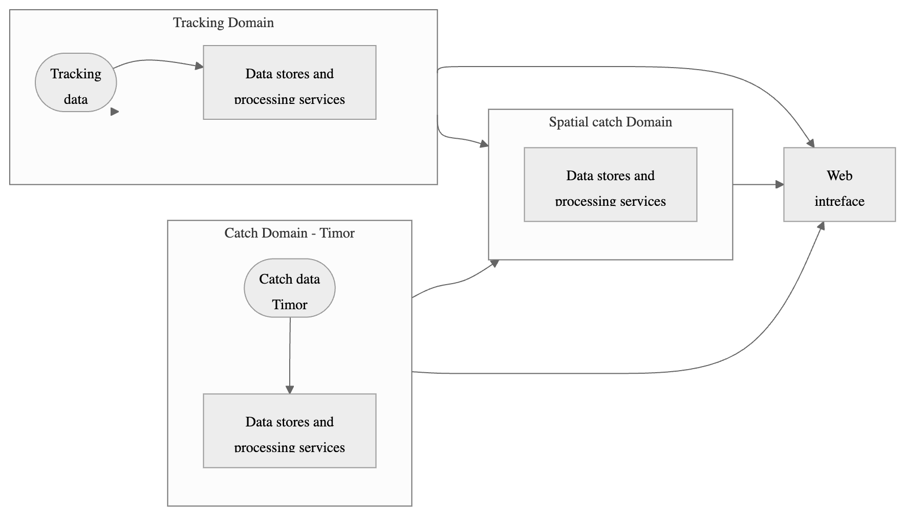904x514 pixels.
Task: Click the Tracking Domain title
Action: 223,23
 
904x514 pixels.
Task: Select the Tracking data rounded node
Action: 76,82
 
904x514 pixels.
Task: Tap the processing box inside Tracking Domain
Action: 289,82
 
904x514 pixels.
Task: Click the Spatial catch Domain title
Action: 610,122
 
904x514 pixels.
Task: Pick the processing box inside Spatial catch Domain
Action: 610,184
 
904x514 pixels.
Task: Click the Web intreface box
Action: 839,184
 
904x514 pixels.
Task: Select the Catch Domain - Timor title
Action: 289,233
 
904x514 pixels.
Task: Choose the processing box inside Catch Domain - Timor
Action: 289,431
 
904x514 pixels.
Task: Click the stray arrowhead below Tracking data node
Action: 115,112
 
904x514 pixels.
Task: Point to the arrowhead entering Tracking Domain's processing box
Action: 200,66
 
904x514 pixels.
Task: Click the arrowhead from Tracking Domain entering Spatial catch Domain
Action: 484,144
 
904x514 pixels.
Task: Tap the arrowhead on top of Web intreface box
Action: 810,143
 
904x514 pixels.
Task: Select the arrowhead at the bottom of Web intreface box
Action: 821,226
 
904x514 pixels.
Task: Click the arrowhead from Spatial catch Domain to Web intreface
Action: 780,184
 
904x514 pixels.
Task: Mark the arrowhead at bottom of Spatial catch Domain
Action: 494,263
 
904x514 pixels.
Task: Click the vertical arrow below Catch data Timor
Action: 290,358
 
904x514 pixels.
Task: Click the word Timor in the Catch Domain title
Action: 337,233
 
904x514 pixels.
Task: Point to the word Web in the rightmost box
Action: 839,176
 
